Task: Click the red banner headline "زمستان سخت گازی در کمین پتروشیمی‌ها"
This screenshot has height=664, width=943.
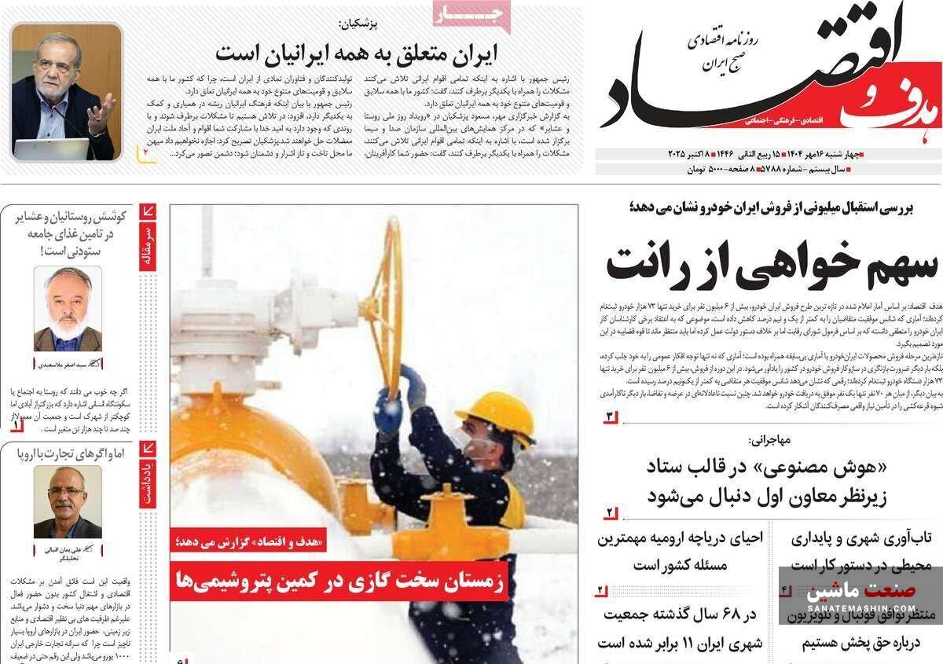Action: click(x=339, y=582)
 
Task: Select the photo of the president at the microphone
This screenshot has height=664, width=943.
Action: click(x=67, y=91)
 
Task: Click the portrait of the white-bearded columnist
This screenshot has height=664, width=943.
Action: click(x=68, y=309)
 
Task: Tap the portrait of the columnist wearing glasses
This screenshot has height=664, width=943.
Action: click(x=68, y=502)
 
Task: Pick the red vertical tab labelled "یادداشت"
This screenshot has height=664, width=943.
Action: click(x=148, y=475)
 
